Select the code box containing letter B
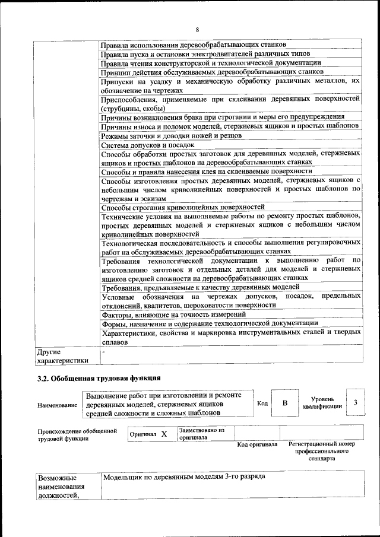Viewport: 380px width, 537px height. point(284,403)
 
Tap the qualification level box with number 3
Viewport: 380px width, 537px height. point(354,403)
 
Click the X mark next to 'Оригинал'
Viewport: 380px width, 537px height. point(164,434)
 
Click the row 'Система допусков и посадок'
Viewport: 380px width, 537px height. point(148,145)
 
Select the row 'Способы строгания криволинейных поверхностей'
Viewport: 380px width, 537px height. point(183,207)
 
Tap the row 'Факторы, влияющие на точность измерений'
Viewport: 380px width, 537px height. point(173,314)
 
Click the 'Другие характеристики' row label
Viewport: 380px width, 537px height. point(62,356)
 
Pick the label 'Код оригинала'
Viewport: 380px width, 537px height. point(257,444)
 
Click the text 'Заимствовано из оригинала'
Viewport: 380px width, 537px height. point(201,434)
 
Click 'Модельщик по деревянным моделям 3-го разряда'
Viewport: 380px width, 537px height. point(184,476)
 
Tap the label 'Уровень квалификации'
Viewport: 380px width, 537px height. point(322,403)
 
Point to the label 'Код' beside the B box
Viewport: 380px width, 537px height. point(262,403)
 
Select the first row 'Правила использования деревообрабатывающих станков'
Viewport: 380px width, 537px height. point(194,45)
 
